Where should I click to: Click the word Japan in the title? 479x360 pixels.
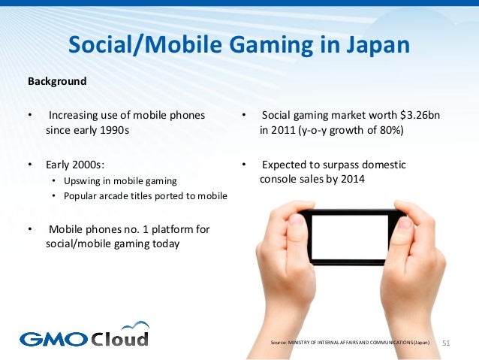378,45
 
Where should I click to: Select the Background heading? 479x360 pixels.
57,80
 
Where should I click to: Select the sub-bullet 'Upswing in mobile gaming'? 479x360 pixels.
120,182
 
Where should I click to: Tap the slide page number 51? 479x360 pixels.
448,343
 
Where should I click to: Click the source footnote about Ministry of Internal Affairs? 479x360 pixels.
351,343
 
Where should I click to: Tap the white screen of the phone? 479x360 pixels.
349,237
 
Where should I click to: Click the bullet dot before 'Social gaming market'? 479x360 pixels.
244,116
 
